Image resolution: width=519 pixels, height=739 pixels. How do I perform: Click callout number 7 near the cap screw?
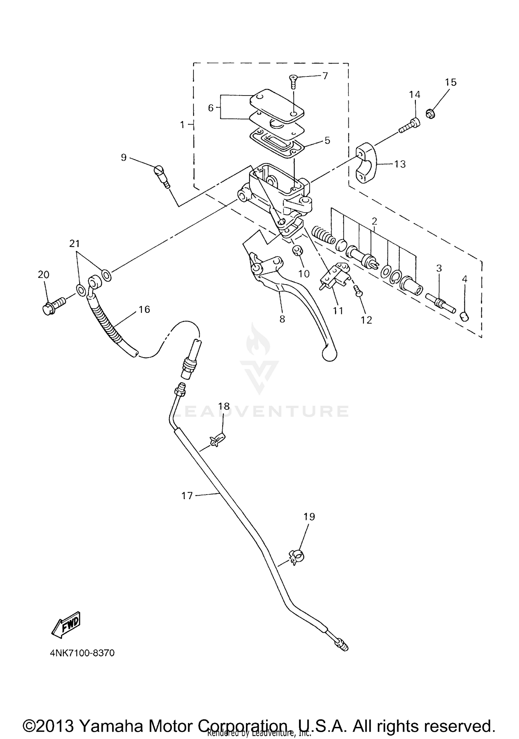325,75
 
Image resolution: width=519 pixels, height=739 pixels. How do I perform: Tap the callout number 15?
450,82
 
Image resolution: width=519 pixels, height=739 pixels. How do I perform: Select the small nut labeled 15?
430,113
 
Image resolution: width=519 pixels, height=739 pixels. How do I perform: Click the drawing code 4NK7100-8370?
82,653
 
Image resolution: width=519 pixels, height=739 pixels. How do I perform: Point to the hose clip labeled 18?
217,440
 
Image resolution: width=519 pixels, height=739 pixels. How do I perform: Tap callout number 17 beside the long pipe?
187,496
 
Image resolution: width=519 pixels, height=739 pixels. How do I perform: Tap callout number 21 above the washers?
74,243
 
